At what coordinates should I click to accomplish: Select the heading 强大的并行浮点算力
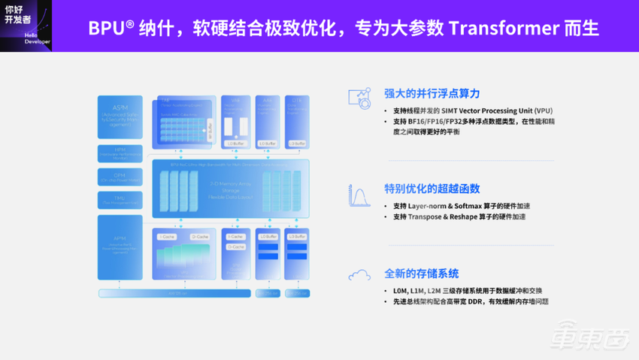(x=432, y=94)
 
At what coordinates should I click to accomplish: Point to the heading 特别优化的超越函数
(x=432, y=189)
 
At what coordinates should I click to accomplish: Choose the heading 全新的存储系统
(x=421, y=274)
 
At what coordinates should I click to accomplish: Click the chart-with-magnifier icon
(x=359, y=98)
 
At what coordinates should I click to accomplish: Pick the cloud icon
(x=359, y=276)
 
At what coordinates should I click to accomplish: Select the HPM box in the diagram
(x=120, y=153)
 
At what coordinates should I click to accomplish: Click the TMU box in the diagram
(x=120, y=200)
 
